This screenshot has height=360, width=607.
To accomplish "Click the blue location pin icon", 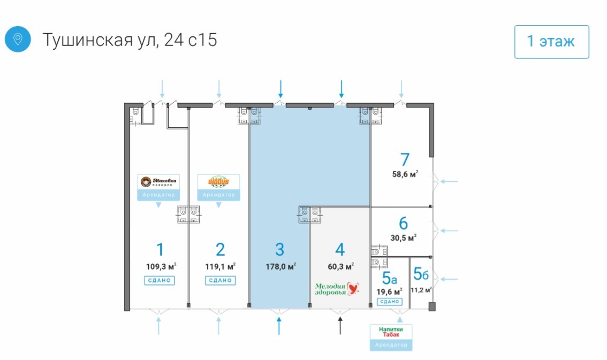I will click(18, 40).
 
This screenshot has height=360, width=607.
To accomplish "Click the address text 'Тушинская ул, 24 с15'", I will click(130, 40).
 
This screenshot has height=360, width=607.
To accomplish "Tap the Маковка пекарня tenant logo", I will click(158, 183).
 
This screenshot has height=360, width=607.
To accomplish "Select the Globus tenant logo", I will click(218, 182).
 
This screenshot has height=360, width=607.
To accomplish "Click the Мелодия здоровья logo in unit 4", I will click(336, 289).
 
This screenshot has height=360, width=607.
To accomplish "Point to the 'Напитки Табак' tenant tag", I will click(391, 332).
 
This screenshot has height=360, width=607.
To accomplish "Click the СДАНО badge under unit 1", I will click(160, 280).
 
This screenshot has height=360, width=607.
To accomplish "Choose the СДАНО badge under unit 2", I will click(220, 280).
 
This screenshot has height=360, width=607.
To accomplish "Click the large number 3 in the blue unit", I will click(279, 250).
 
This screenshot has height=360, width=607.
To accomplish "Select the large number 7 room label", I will click(405, 159).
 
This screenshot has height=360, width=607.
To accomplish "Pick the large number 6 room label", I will click(404, 223).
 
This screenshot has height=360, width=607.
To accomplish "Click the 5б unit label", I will click(421, 274).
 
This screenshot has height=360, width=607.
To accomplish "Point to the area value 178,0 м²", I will click(280, 266).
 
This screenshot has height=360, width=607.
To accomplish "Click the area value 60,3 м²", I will click(340, 266).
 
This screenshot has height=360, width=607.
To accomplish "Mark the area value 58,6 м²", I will click(405, 173).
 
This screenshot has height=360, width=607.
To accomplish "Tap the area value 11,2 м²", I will click(421, 290).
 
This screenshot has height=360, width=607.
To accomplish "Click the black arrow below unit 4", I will click(340, 325).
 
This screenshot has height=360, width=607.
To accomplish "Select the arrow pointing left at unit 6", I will click(450, 231).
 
